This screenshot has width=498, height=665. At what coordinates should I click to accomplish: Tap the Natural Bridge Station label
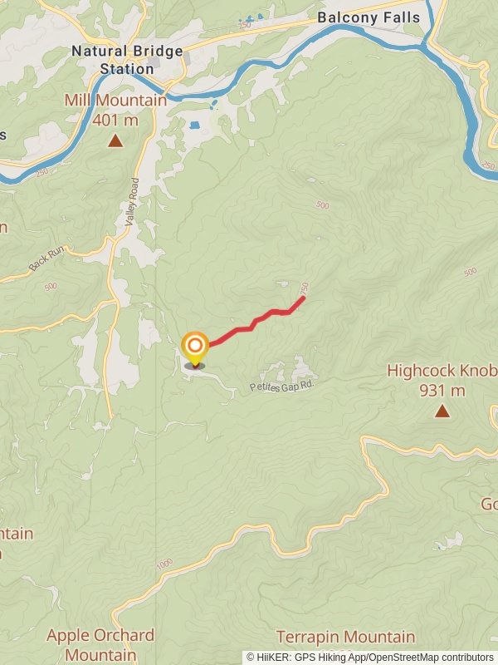(127, 60)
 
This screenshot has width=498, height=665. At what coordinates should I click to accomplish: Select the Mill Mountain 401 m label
(115, 110)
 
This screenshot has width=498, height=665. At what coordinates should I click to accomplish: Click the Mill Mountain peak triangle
(115, 141)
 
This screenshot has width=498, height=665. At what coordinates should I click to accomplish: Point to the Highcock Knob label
(442, 371)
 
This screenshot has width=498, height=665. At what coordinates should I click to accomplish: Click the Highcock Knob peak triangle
(442, 411)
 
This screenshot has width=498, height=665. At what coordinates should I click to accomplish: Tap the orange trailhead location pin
(195, 348)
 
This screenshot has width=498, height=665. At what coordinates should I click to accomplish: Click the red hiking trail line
(249, 325)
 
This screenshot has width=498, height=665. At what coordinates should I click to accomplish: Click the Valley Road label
(130, 202)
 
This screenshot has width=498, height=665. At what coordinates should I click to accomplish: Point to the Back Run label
(45, 261)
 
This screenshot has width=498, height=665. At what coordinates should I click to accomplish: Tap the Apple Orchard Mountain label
(100, 645)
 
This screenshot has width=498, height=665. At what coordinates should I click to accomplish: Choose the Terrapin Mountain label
(345, 638)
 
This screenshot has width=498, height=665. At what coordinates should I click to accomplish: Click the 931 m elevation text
(442, 390)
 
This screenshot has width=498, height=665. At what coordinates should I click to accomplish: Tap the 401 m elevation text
(115, 120)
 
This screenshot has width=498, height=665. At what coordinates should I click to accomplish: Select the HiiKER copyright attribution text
(369, 658)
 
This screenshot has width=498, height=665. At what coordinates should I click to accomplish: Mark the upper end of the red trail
(304, 298)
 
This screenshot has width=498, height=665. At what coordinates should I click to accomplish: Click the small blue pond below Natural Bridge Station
(195, 126)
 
